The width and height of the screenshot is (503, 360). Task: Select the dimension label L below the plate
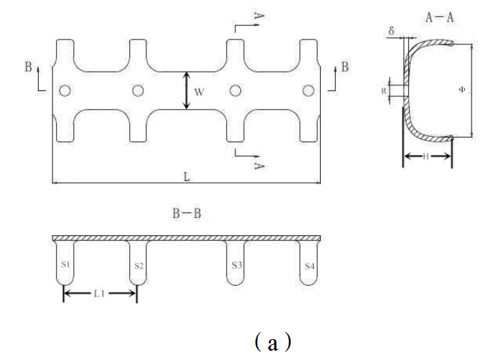pos(186,176)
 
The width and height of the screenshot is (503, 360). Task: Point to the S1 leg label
pos(65,265)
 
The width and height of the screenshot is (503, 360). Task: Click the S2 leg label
pos(138,265)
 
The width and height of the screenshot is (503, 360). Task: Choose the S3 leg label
pos(236,265)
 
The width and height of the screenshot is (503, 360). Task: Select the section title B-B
pos(185,213)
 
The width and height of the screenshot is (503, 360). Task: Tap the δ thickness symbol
pos(392,31)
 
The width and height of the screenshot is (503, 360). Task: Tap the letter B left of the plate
pos(27,67)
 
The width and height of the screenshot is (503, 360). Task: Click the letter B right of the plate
pos(345,67)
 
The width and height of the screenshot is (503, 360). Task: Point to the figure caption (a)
pos(272,342)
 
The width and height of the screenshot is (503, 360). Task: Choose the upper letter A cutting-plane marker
pos(259,15)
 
